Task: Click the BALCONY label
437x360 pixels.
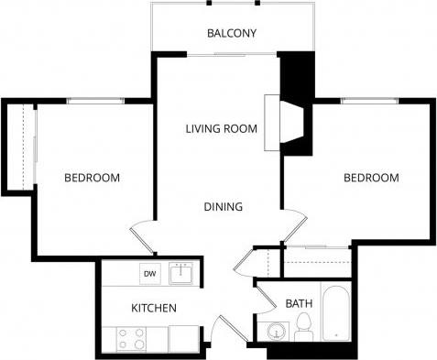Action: click(231, 34)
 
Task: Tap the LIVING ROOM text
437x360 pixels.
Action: click(220, 127)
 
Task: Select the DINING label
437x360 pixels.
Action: click(223, 206)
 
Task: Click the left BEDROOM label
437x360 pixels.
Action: click(92, 178)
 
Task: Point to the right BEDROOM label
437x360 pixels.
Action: click(371, 178)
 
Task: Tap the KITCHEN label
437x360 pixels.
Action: click(153, 308)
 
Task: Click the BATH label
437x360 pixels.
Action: click(299, 303)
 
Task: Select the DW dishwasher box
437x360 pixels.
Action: click(148, 273)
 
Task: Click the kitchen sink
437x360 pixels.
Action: click(183, 273)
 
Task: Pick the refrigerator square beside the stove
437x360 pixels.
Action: click(184, 337)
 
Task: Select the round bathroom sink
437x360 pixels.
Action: click(272, 331)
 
